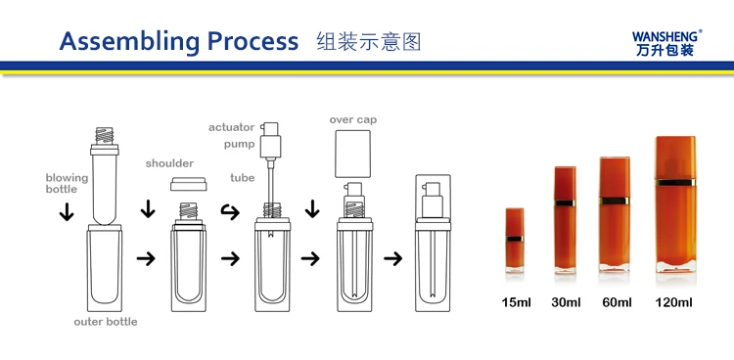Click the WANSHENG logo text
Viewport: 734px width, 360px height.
pos(666,36)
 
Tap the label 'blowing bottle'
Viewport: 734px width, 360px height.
pos(67,183)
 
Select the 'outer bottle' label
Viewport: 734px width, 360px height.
pos(106,322)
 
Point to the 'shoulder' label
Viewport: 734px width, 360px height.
pos(169,163)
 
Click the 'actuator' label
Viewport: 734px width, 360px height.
pos(232,127)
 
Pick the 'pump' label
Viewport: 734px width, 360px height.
pos(239,144)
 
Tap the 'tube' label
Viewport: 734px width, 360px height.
pos(243,177)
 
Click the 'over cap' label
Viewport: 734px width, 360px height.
pos(353,120)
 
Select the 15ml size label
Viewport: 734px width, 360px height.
pos(516,302)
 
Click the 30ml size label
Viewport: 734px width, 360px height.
pos(566,302)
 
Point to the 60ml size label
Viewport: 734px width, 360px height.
pos(617,302)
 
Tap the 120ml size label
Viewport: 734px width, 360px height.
pos(673,302)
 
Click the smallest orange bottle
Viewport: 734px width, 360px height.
pos(515,240)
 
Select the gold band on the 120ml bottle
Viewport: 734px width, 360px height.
pos(675,183)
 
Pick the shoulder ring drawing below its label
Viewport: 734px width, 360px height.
pos(188,184)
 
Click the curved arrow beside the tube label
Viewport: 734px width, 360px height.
pos(230,212)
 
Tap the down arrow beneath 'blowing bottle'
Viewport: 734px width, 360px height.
pos(67,211)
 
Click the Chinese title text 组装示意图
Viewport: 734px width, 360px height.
pos(369,42)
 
